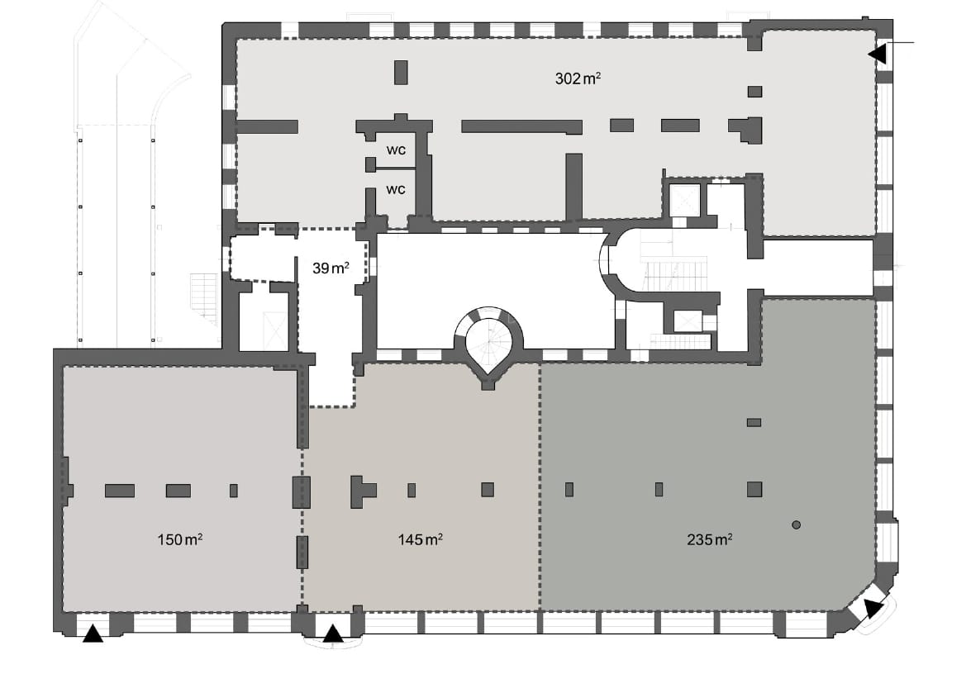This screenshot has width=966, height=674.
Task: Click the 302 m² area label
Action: click(577, 79)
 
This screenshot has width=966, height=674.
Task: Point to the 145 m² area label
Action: click(419, 540)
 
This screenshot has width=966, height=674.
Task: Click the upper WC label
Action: click(396, 151)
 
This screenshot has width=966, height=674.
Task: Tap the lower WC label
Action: click(396, 189)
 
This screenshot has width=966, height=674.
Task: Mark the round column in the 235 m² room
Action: click(796, 524)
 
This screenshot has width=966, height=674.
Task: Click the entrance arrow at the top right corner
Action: click(877, 54)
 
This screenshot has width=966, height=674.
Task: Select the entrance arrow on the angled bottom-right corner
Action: click(872, 610)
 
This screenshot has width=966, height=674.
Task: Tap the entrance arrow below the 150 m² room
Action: click(93, 634)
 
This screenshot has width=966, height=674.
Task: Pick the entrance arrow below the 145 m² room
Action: click(332, 634)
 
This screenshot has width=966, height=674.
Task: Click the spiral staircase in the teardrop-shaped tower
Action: click(488, 340)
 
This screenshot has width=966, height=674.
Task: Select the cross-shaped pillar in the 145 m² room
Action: click(361, 491)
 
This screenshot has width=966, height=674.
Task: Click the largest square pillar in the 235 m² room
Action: click(754, 489)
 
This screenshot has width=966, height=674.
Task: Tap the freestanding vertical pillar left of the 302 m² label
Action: click(401, 72)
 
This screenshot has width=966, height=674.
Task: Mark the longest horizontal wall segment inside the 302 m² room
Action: click(521, 126)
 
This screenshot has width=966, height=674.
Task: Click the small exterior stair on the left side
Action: click(203, 293)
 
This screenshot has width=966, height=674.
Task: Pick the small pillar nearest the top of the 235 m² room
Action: click(754, 422)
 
